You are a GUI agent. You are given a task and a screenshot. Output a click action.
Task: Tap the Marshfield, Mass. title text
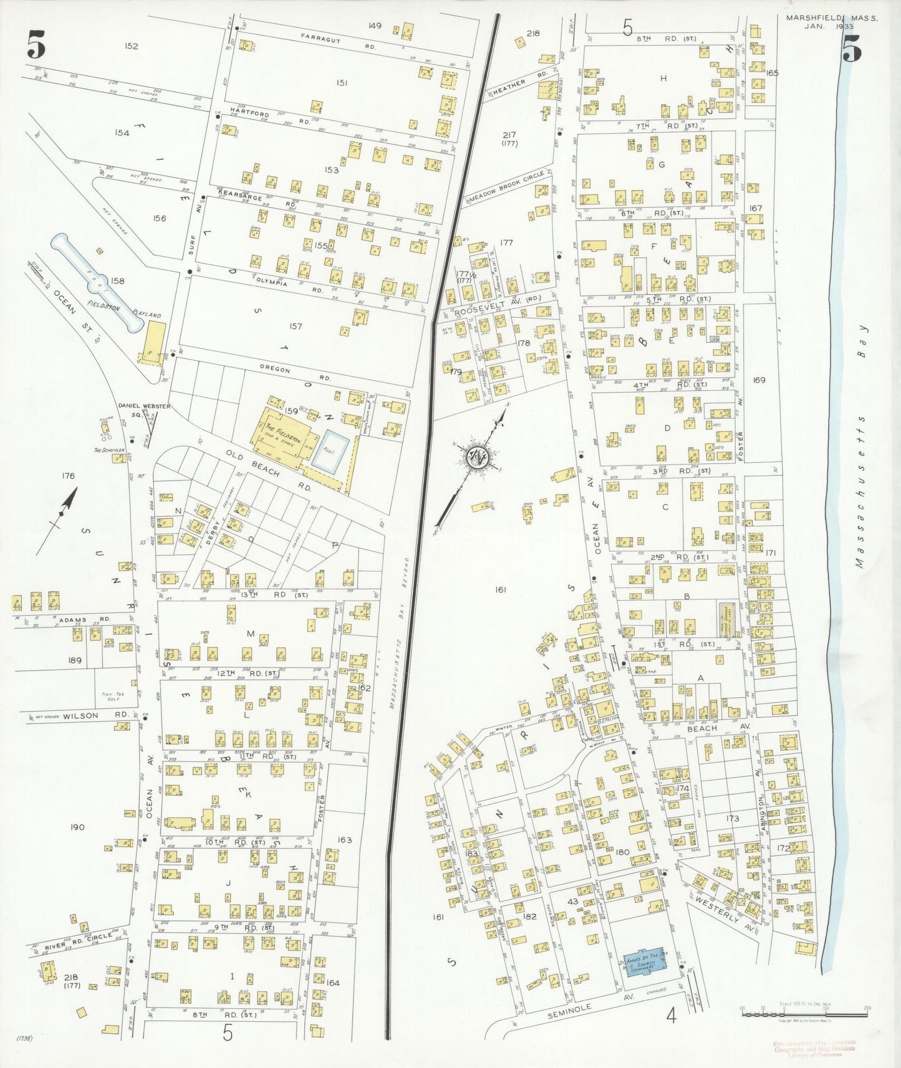click(x=831, y=19)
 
